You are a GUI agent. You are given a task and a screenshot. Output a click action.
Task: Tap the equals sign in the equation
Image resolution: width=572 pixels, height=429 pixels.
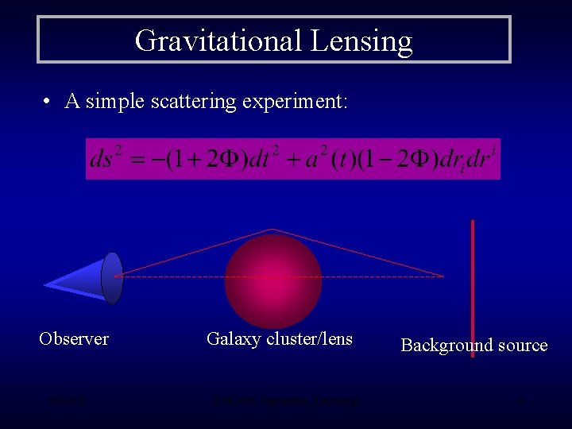[x=141, y=160]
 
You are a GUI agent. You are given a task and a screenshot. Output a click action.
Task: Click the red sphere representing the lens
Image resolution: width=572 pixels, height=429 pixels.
[x=272, y=281]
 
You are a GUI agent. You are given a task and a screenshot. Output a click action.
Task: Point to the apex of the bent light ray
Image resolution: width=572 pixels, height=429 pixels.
[x=272, y=230]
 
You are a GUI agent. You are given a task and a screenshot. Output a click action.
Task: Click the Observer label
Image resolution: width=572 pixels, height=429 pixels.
[x=74, y=338]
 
